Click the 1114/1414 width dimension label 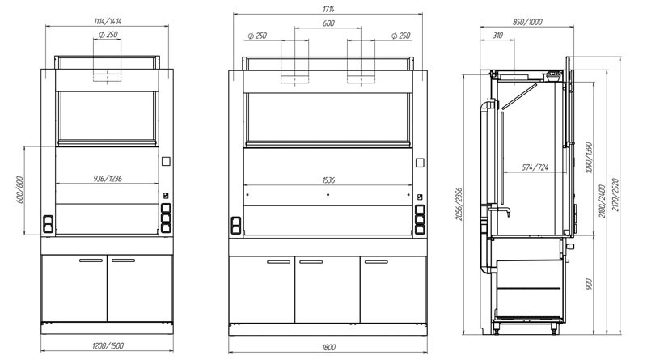[108, 22]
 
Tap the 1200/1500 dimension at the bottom [108, 345]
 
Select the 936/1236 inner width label [108, 178]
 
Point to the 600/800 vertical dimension [19, 190]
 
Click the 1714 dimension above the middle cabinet [328, 9]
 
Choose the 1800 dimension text [328, 347]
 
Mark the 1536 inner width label [328, 180]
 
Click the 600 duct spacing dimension [328, 23]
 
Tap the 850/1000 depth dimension [527, 22]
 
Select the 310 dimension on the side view [497, 36]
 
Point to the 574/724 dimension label [535, 167]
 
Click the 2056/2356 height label [459, 204]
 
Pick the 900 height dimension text [589, 284]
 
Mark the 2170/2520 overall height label [615, 195]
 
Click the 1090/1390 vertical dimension [589, 158]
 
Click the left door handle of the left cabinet [91, 260]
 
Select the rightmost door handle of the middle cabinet [376, 262]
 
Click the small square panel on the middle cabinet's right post [420, 163]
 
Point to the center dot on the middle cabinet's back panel [328, 194]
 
